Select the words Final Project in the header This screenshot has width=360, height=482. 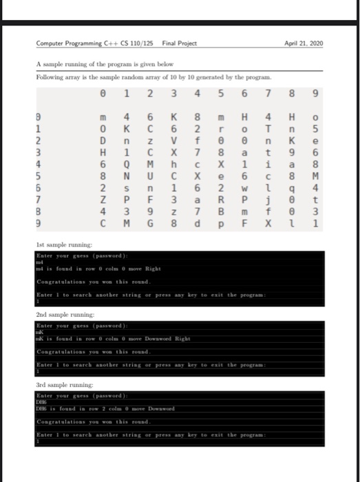point(179,43)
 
